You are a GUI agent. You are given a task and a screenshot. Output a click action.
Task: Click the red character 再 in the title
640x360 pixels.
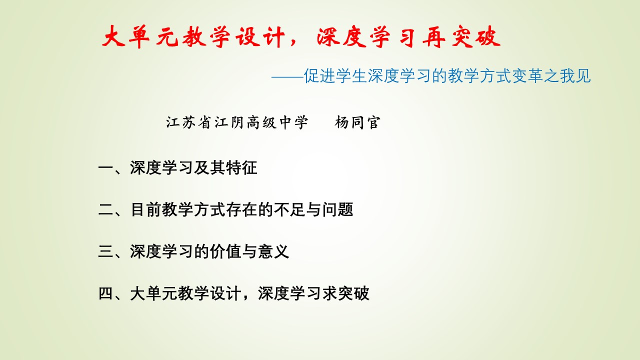point(434,37)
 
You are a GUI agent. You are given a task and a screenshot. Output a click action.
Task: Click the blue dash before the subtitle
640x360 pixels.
point(287,76)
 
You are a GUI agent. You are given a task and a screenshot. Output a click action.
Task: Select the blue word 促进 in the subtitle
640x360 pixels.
point(319,75)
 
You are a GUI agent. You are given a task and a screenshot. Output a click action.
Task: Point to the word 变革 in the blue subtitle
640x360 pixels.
point(527,75)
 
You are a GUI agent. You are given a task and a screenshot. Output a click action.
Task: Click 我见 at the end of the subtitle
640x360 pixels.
point(575,75)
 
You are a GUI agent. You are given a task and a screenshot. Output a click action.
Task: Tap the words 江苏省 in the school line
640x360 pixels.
point(188,122)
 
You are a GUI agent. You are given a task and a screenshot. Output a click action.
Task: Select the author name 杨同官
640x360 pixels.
point(357,122)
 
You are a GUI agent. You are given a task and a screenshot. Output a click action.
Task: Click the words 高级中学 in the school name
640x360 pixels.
point(277,122)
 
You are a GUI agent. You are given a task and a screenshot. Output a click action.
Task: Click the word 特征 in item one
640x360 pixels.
point(241,167)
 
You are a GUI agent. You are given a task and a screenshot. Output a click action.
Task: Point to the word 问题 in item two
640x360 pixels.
point(337,209)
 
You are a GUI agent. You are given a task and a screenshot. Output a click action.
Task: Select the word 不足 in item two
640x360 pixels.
point(289,209)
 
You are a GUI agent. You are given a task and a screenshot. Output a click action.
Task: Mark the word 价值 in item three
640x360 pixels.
point(225,251)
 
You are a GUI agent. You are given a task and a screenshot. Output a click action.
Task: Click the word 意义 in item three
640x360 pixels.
point(273,251)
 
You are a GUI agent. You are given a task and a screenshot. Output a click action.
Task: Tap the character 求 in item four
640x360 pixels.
point(329,293)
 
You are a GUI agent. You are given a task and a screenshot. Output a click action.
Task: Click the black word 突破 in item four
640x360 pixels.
point(353,293)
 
